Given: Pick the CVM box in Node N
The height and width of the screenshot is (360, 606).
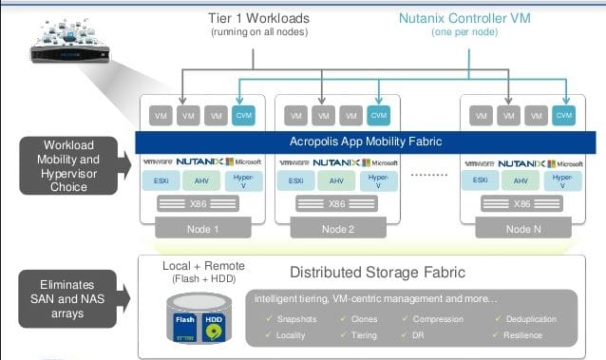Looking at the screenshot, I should (565, 115).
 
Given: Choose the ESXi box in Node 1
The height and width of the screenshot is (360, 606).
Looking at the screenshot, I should (163, 180).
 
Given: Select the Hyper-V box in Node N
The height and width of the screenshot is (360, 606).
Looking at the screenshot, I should (563, 180).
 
